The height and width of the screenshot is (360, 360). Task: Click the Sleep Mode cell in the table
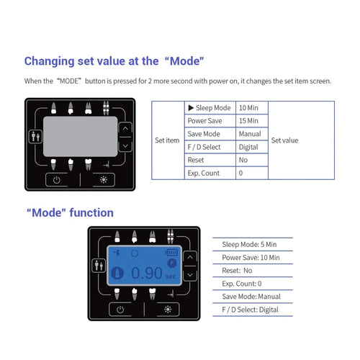tap(210, 108)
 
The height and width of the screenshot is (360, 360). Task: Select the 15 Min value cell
tap(252, 121)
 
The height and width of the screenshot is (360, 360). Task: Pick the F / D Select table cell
tap(210, 147)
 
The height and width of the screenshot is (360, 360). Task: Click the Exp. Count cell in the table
tap(210, 173)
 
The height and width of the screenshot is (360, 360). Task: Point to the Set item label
tap(167, 140)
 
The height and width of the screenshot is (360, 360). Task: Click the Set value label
tap(284, 140)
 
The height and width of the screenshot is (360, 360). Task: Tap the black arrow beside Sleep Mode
tap(191, 108)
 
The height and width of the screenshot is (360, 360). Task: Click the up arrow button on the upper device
tap(125, 129)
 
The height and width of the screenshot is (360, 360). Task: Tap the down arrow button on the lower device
tap(190, 274)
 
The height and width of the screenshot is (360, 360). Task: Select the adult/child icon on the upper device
tap(35, 137)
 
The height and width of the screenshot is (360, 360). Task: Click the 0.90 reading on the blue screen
tap(147, 273)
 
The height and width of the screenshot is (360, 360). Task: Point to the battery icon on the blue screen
tap(171, 252)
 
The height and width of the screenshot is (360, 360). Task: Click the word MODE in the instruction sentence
tap(69, 81)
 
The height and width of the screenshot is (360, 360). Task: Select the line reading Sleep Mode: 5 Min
tap(249, 244)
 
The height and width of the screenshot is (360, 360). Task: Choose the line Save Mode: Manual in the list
tap(251, 297)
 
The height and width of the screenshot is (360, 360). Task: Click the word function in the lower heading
tap(91, 212)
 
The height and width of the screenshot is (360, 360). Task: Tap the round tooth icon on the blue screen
tap(117, 273)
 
